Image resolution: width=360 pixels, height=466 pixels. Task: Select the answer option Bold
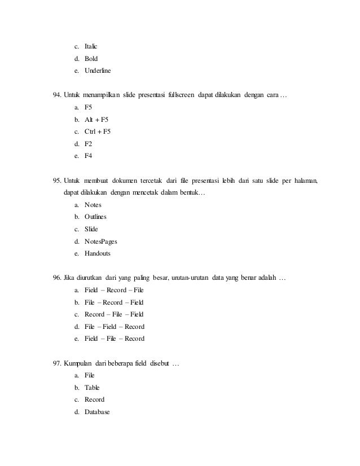[x=91, y=59]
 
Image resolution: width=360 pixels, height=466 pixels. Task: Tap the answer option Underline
[x=98, y=72]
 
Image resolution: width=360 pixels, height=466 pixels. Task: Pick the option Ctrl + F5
[x=98, y=132]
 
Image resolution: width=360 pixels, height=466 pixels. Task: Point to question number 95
[x=57, y=181]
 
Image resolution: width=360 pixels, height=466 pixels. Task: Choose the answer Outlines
[x=95, y=217]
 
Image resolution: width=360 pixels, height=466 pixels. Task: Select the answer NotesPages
[x=101, y=241]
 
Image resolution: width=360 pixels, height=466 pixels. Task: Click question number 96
[x=57, y=278]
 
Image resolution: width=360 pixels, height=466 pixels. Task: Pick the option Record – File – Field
[x=114, y=314]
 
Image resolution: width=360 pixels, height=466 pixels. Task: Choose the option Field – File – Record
[x=114, y=339]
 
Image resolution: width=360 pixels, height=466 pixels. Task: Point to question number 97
[x=57, y=363]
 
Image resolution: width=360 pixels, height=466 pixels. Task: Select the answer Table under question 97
[x=91, y=388]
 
